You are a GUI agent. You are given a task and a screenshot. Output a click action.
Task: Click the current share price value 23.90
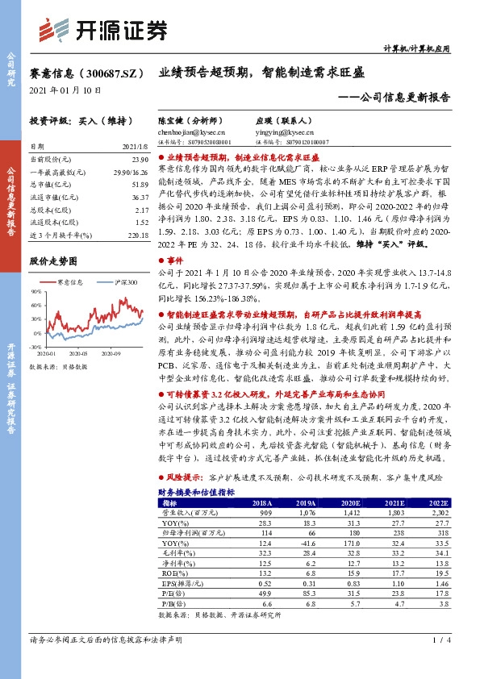(137, 160)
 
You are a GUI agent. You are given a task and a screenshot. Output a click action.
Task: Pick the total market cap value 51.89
(137, 185)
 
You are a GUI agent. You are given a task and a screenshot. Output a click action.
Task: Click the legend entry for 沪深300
(122, 283)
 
